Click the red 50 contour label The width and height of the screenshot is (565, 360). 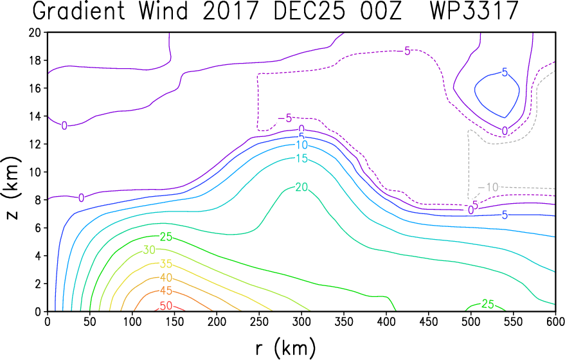(x=166, y=306)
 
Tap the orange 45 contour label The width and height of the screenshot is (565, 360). (x=166, y=291)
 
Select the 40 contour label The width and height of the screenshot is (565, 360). (x=166, y=278)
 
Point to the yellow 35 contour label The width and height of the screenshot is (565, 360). (x=166, y=264)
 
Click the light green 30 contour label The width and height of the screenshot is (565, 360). (x=150, y=249)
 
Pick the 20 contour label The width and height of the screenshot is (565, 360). (x=301, y=187)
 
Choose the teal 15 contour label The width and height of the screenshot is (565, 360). (x=301, y=158)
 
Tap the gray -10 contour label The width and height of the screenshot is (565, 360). (x=489, y=187)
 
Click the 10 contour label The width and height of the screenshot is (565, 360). (x=301, y=145)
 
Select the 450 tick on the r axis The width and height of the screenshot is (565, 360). (x=428, y=321)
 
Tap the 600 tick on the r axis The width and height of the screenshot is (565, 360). (x=555, y=321)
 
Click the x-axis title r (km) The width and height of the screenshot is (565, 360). (x=285, y=348)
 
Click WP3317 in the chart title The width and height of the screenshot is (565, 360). (x=474, y=11)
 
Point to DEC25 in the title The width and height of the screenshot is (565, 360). (x=309, y=11)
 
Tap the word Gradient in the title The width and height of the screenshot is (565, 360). (x=79, y=11)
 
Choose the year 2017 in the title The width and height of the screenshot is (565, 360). (x=230, y=11)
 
